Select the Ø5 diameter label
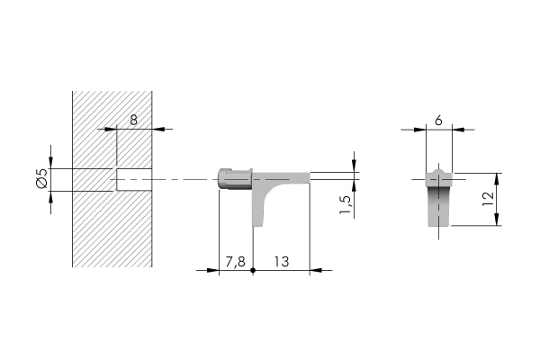tap(40, 179)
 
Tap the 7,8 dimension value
tap(235, 261)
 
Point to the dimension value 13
tap(281, 261)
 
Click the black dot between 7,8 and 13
tap(254, 270)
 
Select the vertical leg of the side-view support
tap(261, 205)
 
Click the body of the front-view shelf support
tap(438, 202)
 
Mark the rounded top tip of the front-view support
tap(438, 169)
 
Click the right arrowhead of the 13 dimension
tap(306, 270)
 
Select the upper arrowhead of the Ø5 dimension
tap(51, 163)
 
